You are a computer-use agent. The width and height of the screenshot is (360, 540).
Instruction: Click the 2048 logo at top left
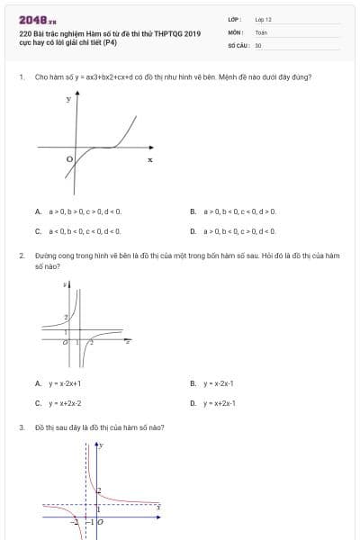point(37,20)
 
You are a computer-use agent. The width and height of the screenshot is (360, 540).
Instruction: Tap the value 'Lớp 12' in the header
point(263,19)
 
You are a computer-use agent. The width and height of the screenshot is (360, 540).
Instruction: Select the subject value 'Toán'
point(261,31)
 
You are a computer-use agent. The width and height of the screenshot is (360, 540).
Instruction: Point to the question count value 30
point(258,44)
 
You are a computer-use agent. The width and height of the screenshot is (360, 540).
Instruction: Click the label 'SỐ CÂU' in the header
point(237,44)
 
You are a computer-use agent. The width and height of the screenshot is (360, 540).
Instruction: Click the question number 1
point(21,77)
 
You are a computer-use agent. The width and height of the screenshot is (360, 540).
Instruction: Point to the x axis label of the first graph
point(150,159)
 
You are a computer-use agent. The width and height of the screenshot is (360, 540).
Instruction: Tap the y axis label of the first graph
point(68,99)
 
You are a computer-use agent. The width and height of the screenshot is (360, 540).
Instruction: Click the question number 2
point(21,256)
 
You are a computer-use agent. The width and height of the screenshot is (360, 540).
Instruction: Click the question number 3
point(21,427)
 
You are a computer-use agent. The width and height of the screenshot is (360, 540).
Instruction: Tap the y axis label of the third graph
point(102,445)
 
